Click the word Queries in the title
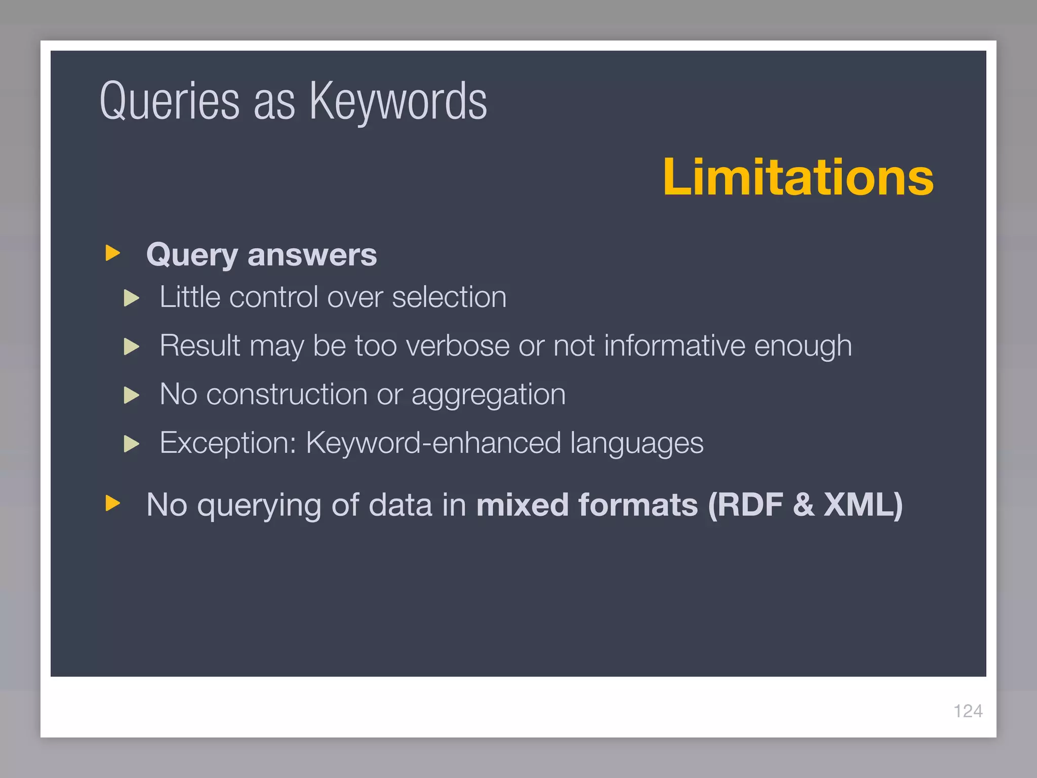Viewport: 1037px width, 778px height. pos(170,101)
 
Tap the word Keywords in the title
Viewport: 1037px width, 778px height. pos(398,101)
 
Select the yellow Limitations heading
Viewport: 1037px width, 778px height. pos(798,177)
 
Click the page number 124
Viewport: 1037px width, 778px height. pos(968,711)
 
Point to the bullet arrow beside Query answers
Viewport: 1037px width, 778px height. pos(112,253)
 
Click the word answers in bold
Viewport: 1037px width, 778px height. pos(312,254)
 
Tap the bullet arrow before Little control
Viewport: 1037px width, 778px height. pos(132,298)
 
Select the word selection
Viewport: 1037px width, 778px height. pos(449,297)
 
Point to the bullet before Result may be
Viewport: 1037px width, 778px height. pos(132,346)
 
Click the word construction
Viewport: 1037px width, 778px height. pos(287,394)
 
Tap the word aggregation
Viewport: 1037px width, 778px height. pos(488,395)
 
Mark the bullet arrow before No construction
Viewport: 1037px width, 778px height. pos(132,395)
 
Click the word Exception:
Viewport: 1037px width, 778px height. pos(228,443)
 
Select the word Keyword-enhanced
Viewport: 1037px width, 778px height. pos(433,443)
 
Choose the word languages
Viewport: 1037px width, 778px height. pos(636,444)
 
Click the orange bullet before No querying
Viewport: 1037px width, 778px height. pos(112,503)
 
